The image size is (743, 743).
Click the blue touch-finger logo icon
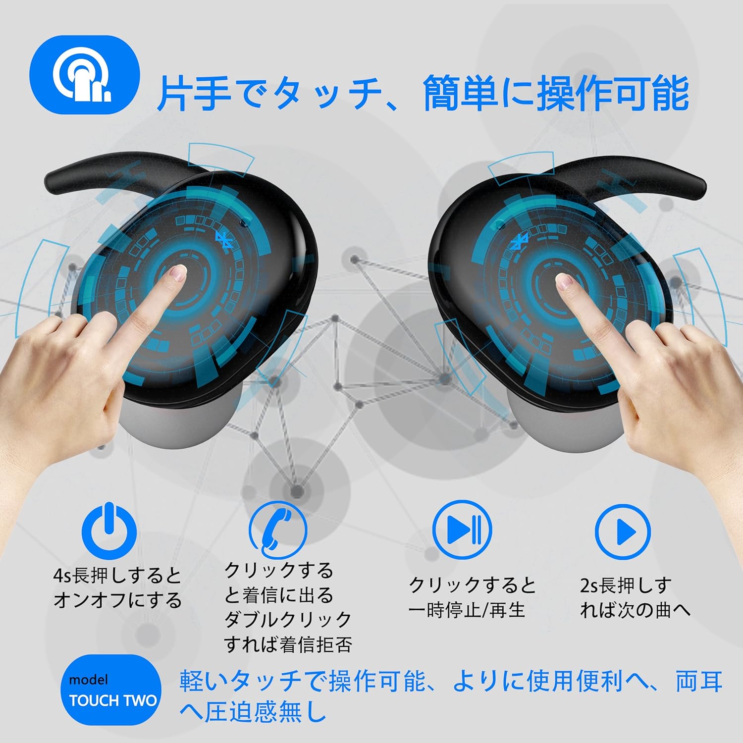pos(84,75)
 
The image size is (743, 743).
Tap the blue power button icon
pos(109,528)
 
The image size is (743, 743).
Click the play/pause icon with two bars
pos(462,529)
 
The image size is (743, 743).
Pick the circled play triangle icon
pos(623,532)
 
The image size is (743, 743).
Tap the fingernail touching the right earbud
pos(564,282)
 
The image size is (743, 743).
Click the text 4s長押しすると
pos(117,576)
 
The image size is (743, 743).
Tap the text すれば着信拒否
pos(288,644)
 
